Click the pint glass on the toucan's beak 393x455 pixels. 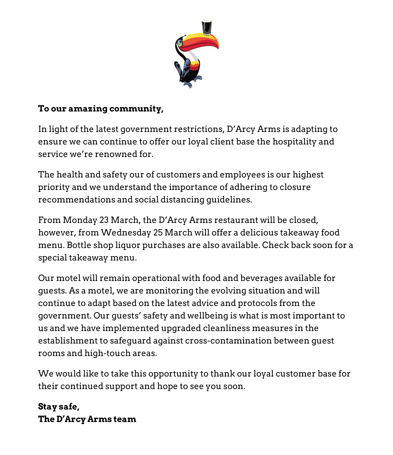[207, 27]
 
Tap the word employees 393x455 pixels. [242, 175]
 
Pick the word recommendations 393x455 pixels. [77, 200]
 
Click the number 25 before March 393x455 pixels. [158, 233]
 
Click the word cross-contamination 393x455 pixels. [228, 341]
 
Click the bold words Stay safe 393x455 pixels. [59, 407]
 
